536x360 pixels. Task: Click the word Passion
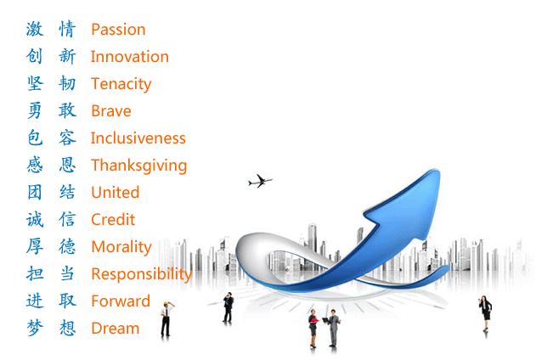coord(118,30)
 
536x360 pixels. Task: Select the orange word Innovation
coord(130,56)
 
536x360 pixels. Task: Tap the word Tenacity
coord(121,84)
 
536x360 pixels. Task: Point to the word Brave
coord(111,110)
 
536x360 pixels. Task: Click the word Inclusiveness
coord(138,138)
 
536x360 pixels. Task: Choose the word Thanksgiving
coord(138,166)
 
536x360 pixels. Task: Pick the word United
coord(116,192)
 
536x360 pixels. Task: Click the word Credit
coord(113,219)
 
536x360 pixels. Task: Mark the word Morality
coord(121,247)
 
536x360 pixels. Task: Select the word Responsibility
coord(142,274)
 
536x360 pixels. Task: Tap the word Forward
coord(121,301)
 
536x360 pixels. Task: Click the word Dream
coord(116,329)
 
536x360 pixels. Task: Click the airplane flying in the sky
coord(260,181)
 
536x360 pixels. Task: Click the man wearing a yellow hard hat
coord(166,319)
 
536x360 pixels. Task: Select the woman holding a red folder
coord(313,329)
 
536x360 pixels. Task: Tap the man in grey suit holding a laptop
coord(333,328)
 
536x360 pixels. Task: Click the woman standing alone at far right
coord(485,313)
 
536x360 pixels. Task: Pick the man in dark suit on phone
coord(228,307)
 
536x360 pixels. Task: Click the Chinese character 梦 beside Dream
coord(35,328)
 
